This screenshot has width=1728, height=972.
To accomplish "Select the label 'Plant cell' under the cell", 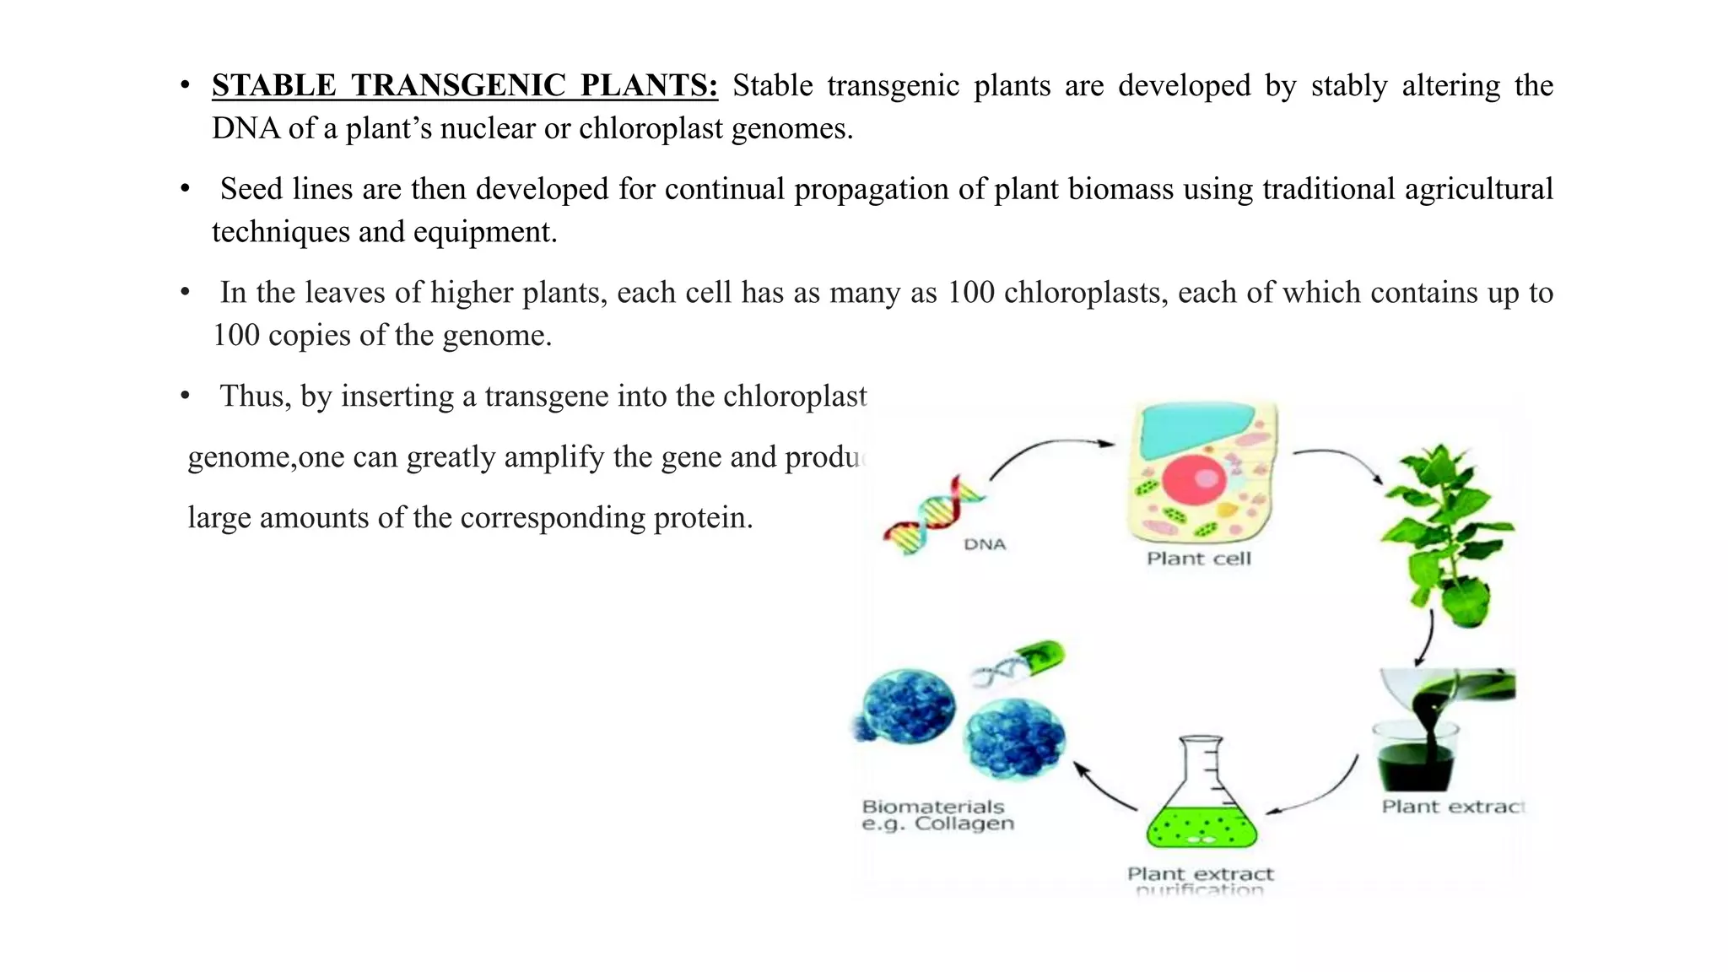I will point(1198,559).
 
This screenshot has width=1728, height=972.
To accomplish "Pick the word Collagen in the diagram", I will point(964,824).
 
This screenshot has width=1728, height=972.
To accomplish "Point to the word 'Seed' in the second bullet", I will point(251,189).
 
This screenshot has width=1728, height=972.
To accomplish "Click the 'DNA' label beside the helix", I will point(985,545).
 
